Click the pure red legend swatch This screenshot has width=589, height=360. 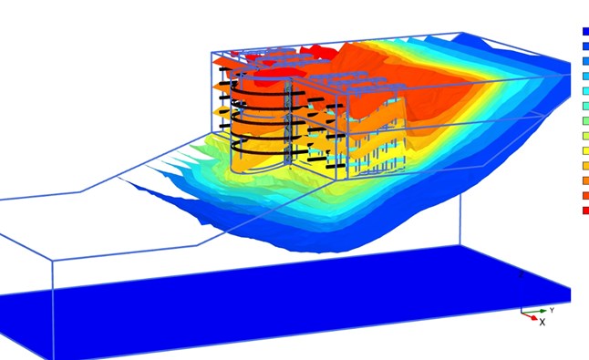(585, 211)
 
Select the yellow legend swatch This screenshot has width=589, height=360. (585, 151)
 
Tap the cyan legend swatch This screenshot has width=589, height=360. (585, 91)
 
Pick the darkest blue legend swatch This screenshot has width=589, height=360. (585, 32)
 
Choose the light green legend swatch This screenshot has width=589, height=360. (585, 121)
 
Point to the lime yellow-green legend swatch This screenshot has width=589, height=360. (585, 136)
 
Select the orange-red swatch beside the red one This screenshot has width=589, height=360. (585, 196)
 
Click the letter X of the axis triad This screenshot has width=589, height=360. (542, 322)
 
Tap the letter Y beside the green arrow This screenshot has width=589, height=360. (552, 311)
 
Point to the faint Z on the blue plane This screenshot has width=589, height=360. (522, 275)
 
